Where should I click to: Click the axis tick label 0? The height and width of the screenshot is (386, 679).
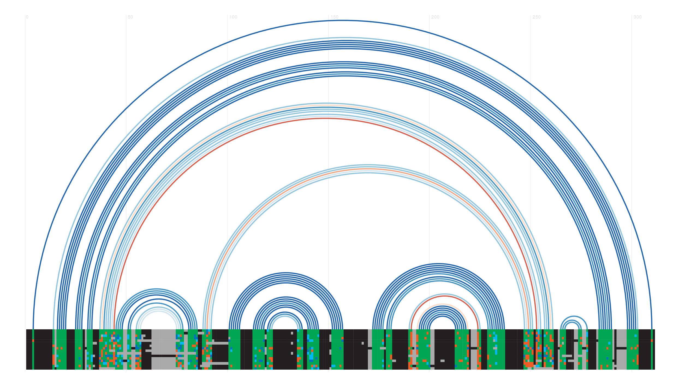tap(27, 17)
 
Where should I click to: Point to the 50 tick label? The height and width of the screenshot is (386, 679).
tap(130, 17)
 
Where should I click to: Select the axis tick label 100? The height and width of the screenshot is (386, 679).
tap(233, 17)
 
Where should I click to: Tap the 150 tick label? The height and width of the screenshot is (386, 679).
tap(334, 17)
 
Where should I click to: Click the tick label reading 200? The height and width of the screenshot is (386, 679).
tap(435, 17)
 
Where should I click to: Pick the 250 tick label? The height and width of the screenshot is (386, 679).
tap(537, 17)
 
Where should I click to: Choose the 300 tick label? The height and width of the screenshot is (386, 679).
tap(638, 17)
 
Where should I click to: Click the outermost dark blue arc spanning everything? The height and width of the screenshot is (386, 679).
tap(343, 20)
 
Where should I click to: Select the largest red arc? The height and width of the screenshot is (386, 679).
tap(325, 118)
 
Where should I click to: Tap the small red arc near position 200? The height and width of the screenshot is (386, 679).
tap(445, 296)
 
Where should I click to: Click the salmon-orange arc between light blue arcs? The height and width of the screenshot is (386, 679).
tap(368, 169)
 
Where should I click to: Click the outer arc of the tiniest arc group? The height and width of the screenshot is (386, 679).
tap(574, 316)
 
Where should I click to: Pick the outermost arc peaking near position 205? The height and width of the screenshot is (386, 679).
tap(439, 264)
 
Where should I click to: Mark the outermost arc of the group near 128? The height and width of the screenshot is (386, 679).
tap(286, 273)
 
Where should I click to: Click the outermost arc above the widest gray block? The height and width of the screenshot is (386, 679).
tap(156, 289)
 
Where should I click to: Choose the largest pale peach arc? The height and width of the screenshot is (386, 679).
tap(325, 105)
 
